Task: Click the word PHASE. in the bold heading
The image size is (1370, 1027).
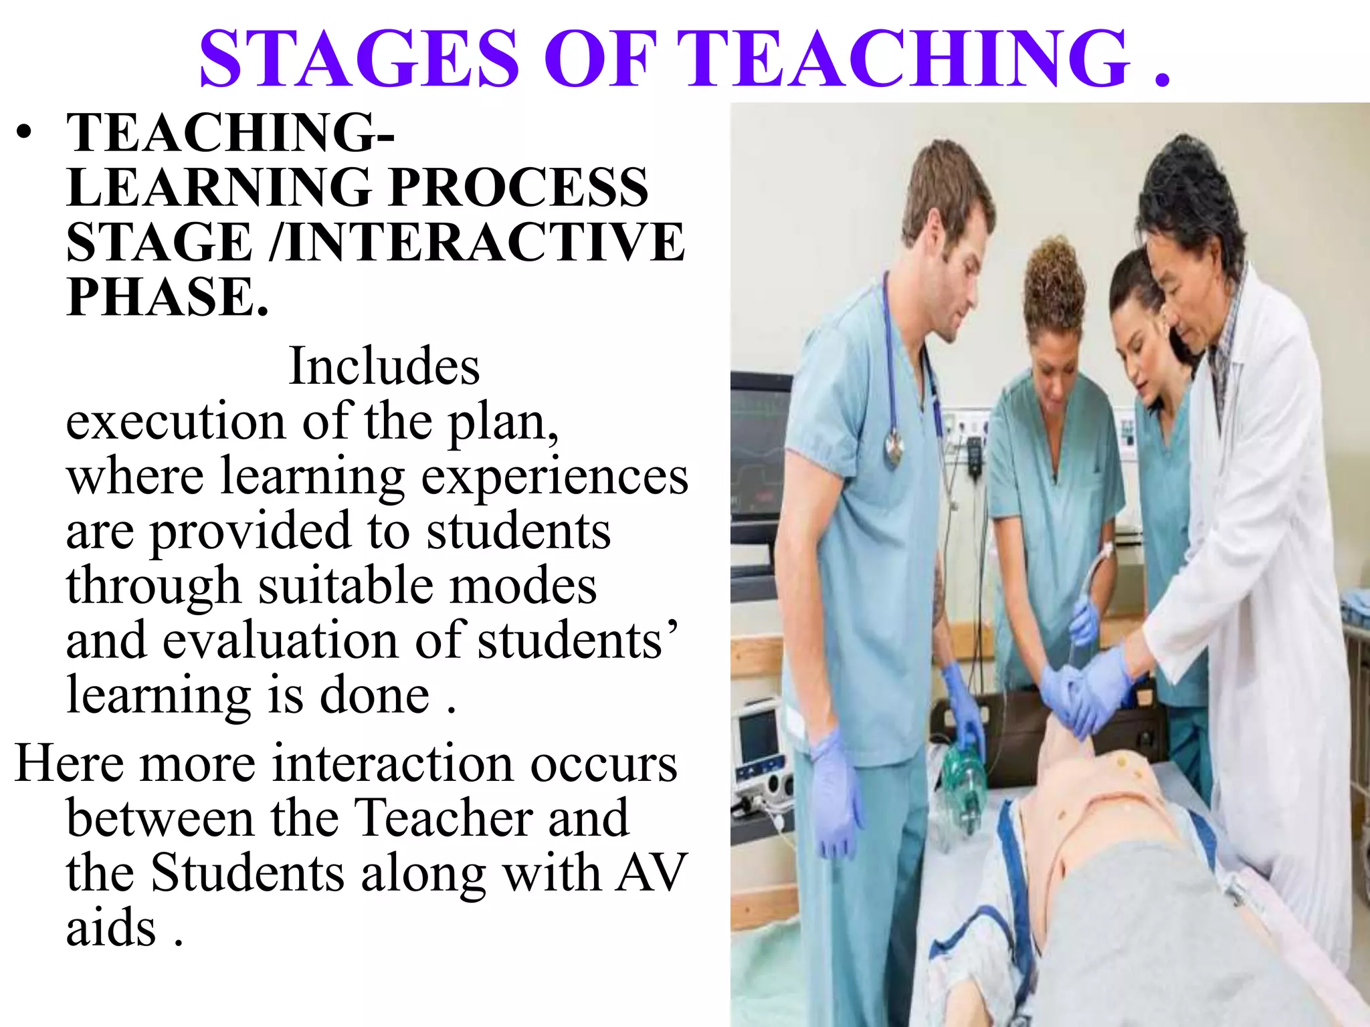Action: pos(167,297)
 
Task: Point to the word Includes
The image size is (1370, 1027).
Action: pos(384,366)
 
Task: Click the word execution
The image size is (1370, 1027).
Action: pos(175,422)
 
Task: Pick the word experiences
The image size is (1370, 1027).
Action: pos(555,477)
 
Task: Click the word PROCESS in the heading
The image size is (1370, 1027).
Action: pos(518,187)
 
